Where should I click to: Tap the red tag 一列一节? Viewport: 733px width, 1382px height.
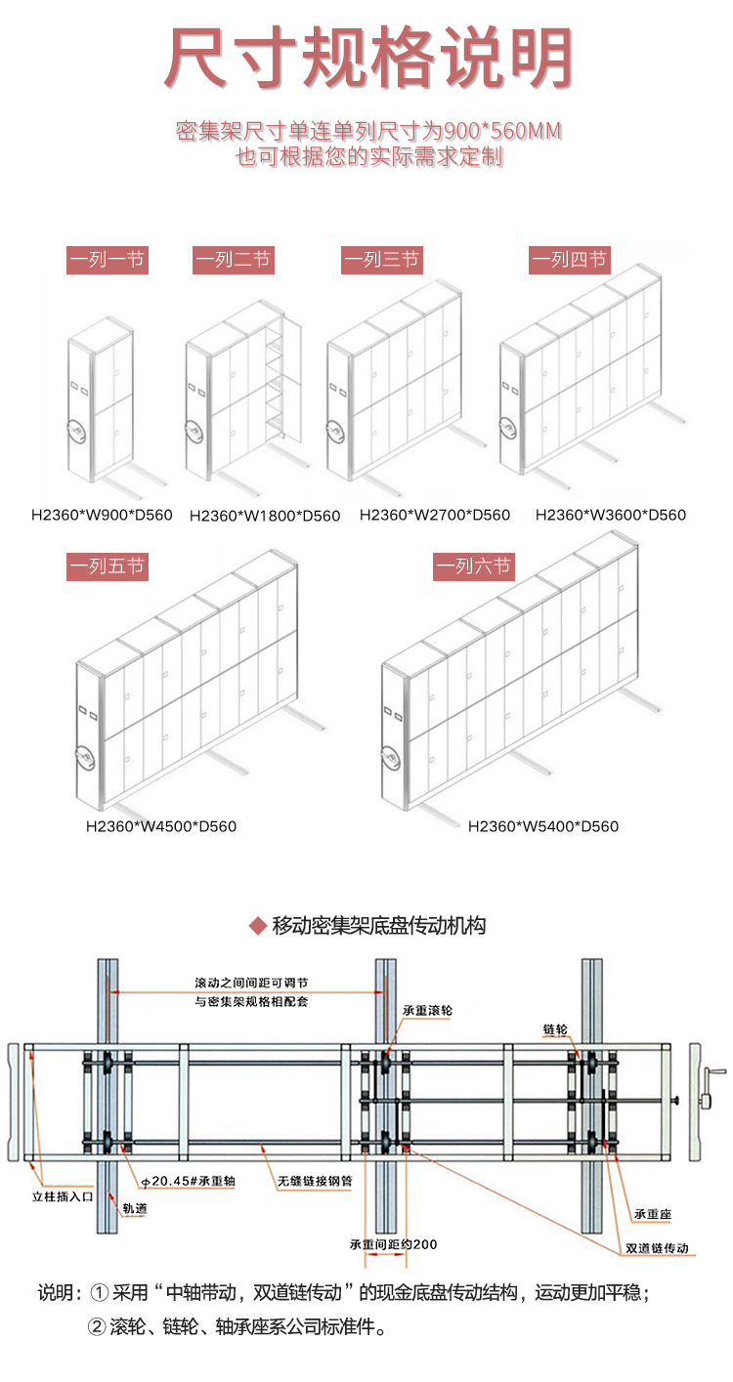coord(108,260)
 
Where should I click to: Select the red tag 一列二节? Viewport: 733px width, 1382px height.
coord(234,260)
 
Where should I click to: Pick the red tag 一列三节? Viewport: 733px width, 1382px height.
coord(381,260)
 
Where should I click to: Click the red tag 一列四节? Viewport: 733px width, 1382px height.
coord(570,260)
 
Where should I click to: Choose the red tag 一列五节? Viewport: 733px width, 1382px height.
coord(108,566)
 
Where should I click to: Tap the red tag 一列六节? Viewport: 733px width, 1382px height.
coord(473,566)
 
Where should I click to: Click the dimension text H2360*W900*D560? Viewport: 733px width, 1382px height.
coord(101,515)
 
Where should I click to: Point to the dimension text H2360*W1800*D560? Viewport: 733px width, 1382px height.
coord(265,516)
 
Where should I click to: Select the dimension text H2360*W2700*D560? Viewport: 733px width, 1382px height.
coord(435,515)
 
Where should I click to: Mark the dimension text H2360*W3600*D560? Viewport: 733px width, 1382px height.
coord(611,515)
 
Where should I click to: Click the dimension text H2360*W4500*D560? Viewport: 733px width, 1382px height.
coord(161,826)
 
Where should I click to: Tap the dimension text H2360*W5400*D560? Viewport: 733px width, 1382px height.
coord(543,826)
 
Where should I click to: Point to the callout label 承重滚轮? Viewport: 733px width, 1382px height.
coord(427,1009)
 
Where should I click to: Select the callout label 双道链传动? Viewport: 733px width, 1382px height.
coord(658,1248)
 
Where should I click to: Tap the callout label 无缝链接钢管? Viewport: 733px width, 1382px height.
coord(311,1181)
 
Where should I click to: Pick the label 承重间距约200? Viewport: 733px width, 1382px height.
coord(393,1244)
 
